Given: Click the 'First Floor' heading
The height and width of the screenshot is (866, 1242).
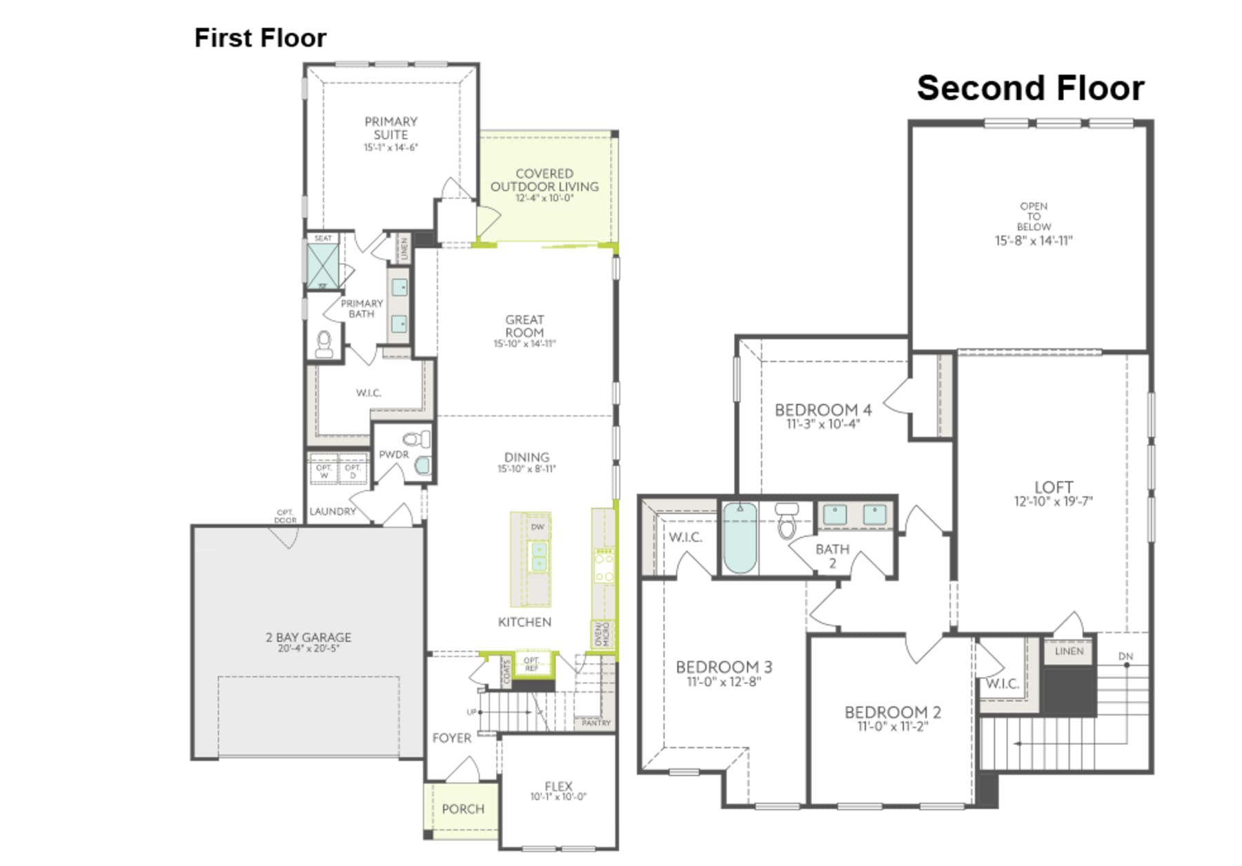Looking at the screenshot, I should pos(260,38).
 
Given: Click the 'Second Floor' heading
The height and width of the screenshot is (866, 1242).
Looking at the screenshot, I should pos(1029,89).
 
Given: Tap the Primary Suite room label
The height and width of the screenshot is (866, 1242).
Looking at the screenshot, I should pos(391,128).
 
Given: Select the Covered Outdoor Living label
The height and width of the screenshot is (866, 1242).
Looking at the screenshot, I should pos(544,180).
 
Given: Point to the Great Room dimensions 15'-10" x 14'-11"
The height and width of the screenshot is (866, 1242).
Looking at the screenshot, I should pos(524,344).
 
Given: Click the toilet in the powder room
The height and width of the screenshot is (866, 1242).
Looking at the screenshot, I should pos(415,439).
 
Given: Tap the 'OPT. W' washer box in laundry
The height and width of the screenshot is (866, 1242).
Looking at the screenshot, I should pos(324,471).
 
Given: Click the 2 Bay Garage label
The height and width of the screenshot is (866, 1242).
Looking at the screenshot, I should pos(308,638).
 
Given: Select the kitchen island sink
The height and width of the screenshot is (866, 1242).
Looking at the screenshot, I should pos(538,556).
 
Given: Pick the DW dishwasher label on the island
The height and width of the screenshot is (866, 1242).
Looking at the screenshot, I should pos(538,527).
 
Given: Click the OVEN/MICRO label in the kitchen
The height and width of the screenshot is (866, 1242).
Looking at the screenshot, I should pos(601,634).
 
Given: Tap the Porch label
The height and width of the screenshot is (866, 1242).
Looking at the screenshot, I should pos(463,809).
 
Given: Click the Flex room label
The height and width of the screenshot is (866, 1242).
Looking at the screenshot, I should pos(558,786).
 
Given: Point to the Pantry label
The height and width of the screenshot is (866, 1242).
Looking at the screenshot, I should pos(596,723).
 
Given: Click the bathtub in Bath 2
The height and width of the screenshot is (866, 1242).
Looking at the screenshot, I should pos(740,538).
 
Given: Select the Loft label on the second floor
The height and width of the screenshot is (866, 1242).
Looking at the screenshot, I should pos(1053,487).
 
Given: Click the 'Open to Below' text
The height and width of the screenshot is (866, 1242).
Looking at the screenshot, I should pos(1033,216).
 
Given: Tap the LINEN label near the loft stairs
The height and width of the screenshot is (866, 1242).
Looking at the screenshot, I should pos(1069,651).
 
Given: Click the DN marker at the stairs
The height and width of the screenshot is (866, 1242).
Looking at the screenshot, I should pos(1125,656).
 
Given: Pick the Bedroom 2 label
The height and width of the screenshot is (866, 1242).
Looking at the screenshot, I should pos(892,712).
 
